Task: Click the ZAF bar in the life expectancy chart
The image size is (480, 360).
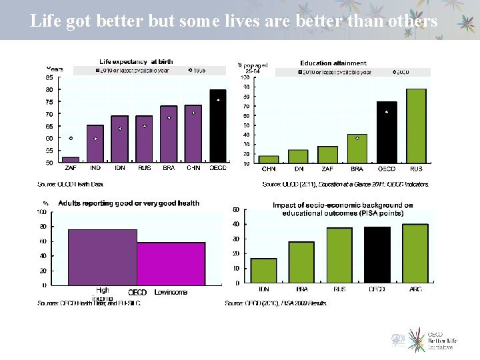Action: tap(71, 160)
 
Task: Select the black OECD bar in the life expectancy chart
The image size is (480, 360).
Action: tap(218, 127)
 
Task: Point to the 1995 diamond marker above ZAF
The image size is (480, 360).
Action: tap(71, 138)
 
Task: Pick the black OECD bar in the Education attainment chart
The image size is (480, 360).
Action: tap(387, 133)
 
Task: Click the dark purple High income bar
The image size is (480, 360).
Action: tap(103, 257)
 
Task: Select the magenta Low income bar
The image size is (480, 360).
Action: tap(171, 264)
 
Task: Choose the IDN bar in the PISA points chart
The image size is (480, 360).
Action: tap(263, 271)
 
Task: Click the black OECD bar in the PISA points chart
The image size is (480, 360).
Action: tap(377, 255)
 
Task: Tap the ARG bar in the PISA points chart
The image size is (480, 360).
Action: tap(415, 254)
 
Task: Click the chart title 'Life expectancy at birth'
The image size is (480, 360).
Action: tap(136, 62)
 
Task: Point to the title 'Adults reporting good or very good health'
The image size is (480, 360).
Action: tap(129, 203)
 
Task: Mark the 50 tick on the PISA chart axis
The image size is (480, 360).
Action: tap(235, 210)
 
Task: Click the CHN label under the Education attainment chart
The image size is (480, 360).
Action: tap(269, 169)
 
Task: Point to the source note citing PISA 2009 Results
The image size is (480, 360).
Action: tap(275, 303)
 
